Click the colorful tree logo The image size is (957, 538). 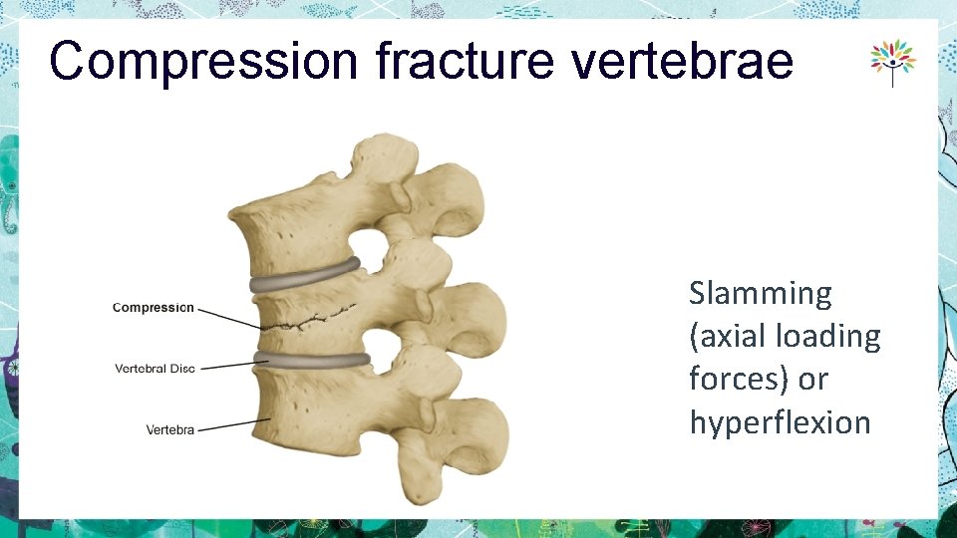point(892,62)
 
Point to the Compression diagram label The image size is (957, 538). point(154,308)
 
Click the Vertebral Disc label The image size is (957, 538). point(155,369)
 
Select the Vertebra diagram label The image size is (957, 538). point(169,429)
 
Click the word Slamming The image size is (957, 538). point(760,294)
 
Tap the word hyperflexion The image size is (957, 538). point(780,422)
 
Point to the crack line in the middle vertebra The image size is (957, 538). point(309,320)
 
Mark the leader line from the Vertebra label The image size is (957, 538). point(234,424)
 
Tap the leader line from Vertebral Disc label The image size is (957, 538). point(227,366)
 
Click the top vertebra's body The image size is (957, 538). point(289,229)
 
